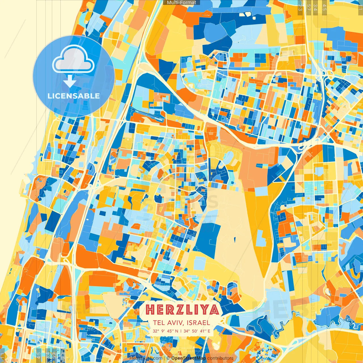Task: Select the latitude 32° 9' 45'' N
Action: coord(165,331)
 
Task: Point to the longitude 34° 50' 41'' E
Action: coord(197,331)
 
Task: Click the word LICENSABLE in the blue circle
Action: coord(74,96)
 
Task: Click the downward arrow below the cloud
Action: coord(70,82)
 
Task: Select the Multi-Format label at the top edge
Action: coord(181,3)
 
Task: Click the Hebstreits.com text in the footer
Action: coord(146,358)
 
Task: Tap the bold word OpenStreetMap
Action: coord(188,358)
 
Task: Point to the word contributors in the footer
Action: coord(220,358)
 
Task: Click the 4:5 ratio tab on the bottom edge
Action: coord(39,355)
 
